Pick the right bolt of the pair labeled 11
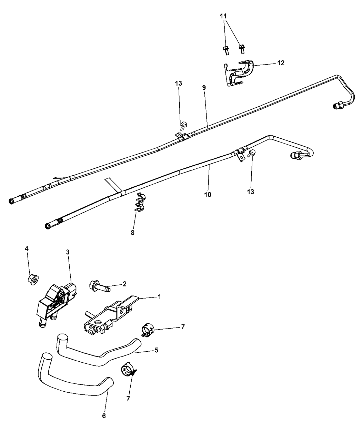click(x=242, y=49)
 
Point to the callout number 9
click(x=204, y=88)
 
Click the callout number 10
click(x=208, y=194)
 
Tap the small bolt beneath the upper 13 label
click(x=183, y=124)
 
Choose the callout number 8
click(x=133, y=233)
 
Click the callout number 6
click(x=104, y=415)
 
